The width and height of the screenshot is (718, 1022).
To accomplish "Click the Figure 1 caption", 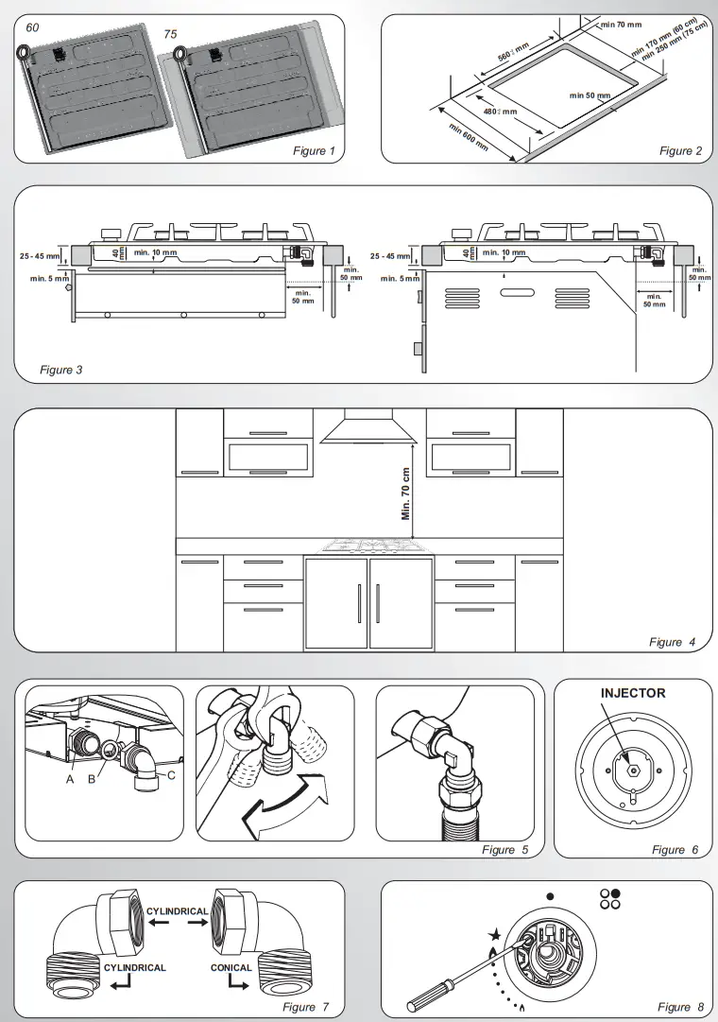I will pyautogui.click(x=314, y=151).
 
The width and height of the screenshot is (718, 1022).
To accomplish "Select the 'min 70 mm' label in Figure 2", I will pyautogui.click(x=621, y=24).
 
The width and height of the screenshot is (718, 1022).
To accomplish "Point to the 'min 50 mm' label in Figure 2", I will pyautogui.click(x=590, y=95).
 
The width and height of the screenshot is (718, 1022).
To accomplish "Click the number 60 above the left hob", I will pyautogui.click(x=32, y=27).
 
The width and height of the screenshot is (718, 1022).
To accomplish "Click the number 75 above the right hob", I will pyautogui.click(x=170, y=34).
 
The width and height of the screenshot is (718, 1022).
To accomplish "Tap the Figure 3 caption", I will pyautogui.click(x=61, y=370).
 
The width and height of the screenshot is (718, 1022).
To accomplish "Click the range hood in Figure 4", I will pyautogui.click(x=369, y=428).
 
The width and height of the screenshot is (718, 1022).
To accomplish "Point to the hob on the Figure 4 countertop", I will pyautogui.click(x=369, y=545).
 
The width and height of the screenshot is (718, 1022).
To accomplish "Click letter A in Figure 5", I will pyautogui.click(x=70, y=780).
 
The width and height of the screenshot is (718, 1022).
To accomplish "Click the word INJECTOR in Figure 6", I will pyautogui.click(x=633, y=693).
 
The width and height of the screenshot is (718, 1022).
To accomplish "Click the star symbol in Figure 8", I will pyautogui.click(x=492, y=935).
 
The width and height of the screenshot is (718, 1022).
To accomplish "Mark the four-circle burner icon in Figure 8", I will pyautogui.click(x=610, y=898).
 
